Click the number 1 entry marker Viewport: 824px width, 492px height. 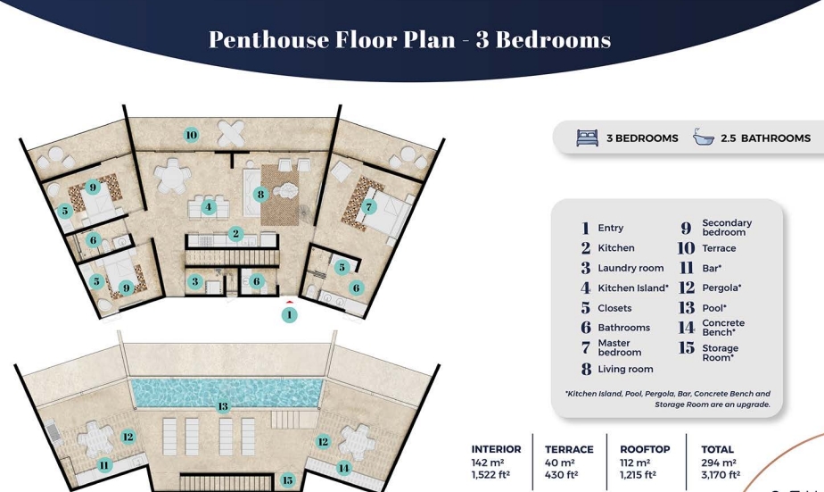pos(289,315)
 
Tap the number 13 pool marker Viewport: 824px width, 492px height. pos(223,406)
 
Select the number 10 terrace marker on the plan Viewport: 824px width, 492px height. pos(191,135)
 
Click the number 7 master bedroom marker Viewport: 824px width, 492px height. pos(369,207)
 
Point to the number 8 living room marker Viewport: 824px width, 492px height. pos(260,195)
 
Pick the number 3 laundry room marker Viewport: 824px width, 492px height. pos(195,281)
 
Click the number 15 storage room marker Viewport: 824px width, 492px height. pos(287,479)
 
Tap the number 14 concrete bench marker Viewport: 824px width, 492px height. pos(343,468)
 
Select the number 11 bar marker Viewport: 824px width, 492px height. pos(104,465)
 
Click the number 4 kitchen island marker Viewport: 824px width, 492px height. pos(209,207)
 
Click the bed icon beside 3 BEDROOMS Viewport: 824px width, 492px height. pos(587,138)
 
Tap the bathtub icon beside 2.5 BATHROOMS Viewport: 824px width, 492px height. pos(703,137)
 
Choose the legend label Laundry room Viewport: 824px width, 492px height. pos(630,269)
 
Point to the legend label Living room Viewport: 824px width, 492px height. pos(625,370)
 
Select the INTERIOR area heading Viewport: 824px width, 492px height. pos(496,449)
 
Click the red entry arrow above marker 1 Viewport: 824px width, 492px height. pos(289,302)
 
